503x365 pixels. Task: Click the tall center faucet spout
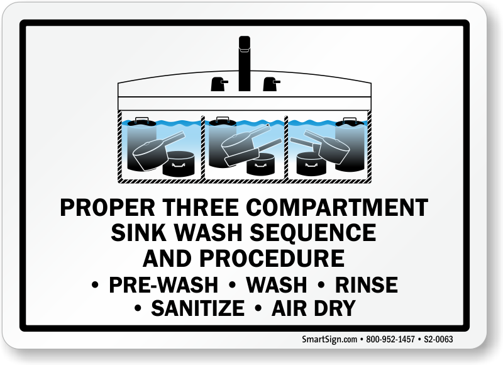click(x=245, y=64)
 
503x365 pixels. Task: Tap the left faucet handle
click(x=219, y=84)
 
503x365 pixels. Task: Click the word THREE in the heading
click(x=201, y=208)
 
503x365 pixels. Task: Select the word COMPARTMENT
click(x=337, y=208)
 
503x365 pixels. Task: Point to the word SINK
click(x=139, y=233)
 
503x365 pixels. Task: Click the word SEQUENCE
click(x=313, y=233)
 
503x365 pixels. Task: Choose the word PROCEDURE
click(x=272, y=259)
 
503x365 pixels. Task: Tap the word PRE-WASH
click(x=163, y=284)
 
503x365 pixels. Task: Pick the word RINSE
click(x=367, y=284)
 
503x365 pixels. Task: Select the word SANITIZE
click(x=198, y=308)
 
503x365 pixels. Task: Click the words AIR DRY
click(x=314, y=308)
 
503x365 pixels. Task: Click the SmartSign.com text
click(x=329, y=339)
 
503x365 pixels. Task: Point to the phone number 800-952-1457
click(x=390, y=339)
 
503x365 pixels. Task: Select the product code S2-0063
click(x=438, y=339)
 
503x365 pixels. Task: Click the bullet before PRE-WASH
click(x=95, y=284)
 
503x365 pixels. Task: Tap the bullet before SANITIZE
click(x=138, y=308)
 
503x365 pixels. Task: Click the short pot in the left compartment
click(x=179, y=164)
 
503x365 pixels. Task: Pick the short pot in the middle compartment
click(x=260, y=164)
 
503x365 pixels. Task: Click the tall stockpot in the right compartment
click(x=350, y=145)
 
